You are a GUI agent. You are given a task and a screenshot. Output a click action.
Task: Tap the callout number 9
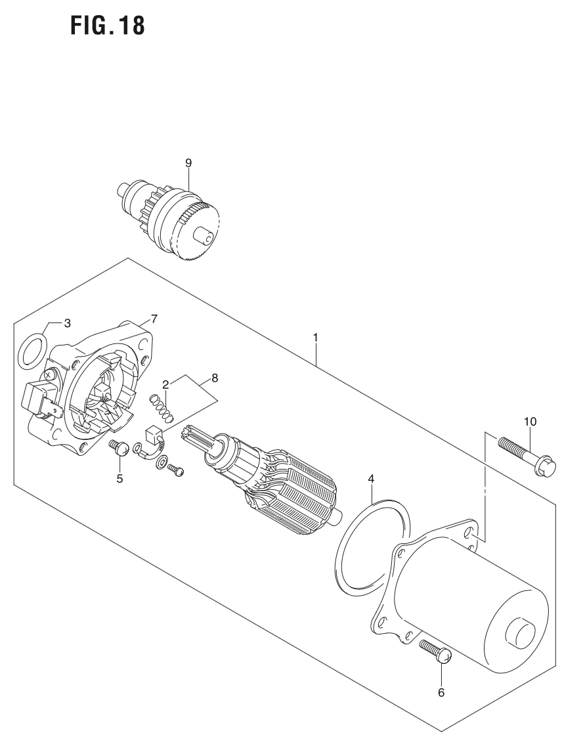coord(188,161)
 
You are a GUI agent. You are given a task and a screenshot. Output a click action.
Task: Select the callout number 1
coord(316,337)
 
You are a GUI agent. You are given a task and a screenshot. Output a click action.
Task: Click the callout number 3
coord(67,322)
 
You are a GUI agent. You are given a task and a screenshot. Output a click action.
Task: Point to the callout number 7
coord(154,319)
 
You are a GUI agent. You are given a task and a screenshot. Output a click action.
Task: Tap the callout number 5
coord(119,479)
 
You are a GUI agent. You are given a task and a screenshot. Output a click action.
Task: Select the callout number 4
coord(371,479)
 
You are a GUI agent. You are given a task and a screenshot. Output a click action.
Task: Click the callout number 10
coord(530,421)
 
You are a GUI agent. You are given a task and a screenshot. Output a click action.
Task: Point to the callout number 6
coord(441,692)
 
